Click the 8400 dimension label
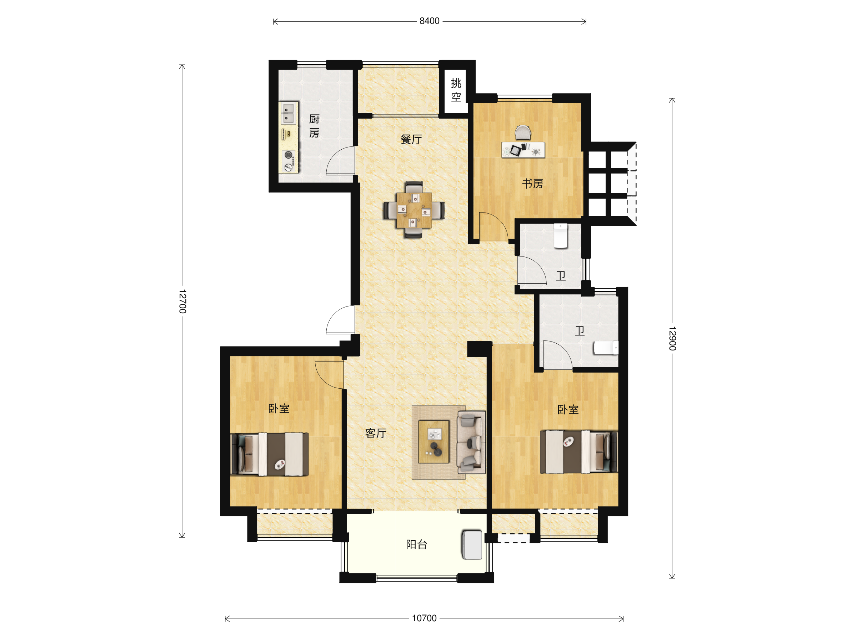pyautogui.click(x=429, y=21)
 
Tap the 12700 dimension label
pyautogui.click(x=182, y=301)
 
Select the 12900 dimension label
pyautogui.click(x=672, y=338)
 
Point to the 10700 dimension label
pyautogui.click(x=424, y=618)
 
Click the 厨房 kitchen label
pyautogui.click(x=314, y=126)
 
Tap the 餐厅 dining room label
pyautogui.click(x=411, y=139)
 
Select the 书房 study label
pyautogui.click(x=533, y=183)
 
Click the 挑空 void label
pyautogui.click(x=456, y=90)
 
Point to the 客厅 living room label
pyautogui.click(x=376, y=433)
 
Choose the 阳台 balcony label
pyautogui.click(x=416, y=544)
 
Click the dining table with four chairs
pyautogui.click(x=414, y=210)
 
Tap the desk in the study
pyautogui.click(x=523, y=150)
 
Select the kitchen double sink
pyautogui.click(x=288, y=113)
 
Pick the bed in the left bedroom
pyautogui.click(x=270, y=454)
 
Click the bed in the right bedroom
pyautogui.click(x=579, y=452)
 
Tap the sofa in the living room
pyautogui.click(x=471, y=442)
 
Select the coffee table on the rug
pyautogui.click(x=433, y=442)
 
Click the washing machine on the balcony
pyautogui.click(x=472, y=544)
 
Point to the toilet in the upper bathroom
pyautogui.click(x=561, y=236)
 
